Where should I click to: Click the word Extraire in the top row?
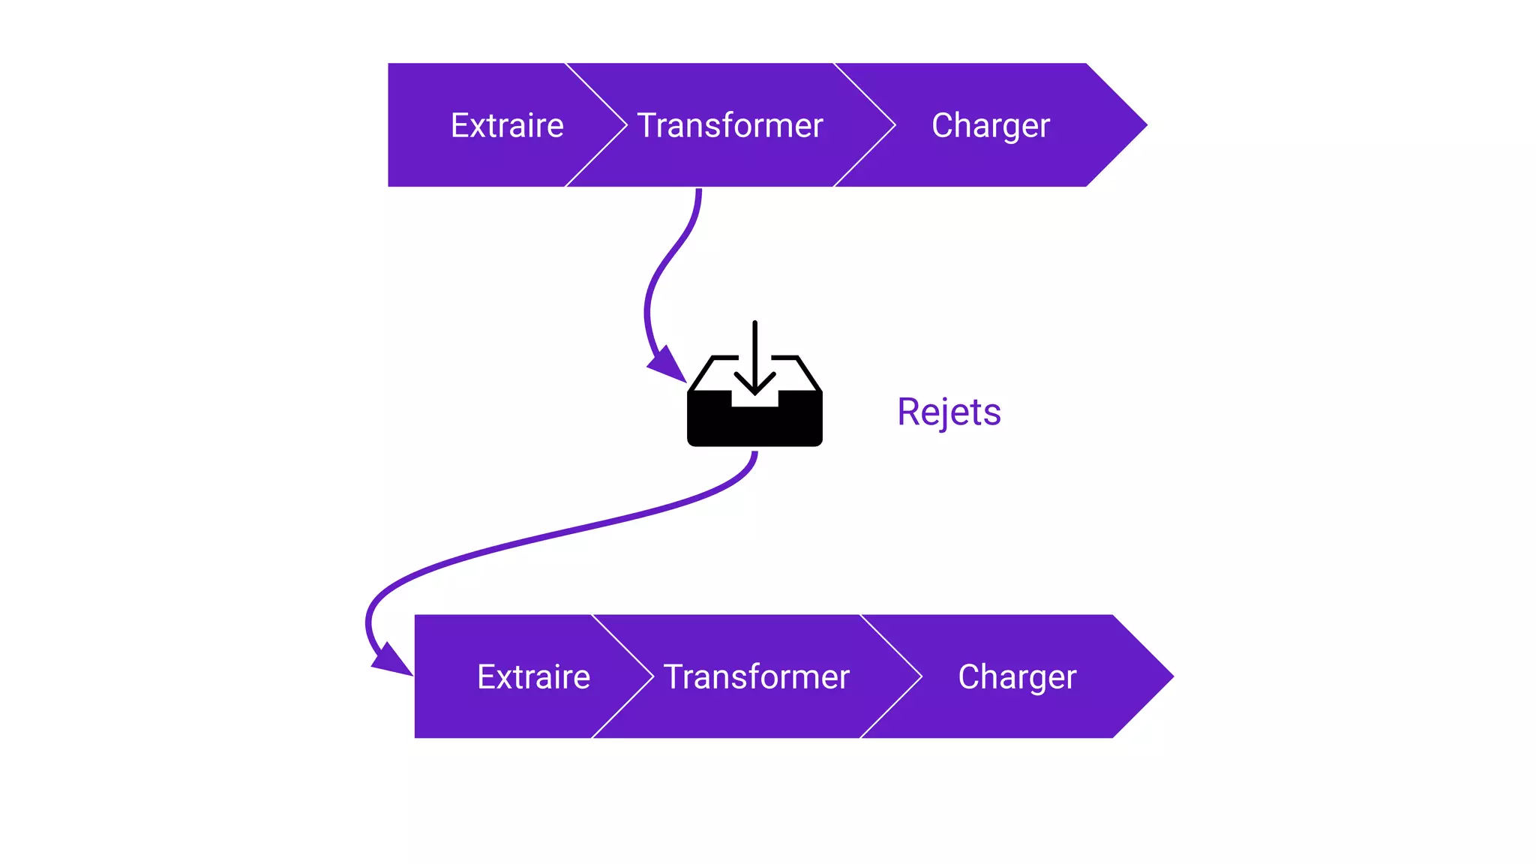[507, 125]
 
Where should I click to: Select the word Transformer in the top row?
[730, 125]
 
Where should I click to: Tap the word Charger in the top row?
[990, 125]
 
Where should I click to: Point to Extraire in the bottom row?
[533, 676]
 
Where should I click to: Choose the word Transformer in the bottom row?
[756, 676]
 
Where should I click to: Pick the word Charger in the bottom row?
[1017, 676]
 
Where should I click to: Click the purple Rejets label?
[949, 412]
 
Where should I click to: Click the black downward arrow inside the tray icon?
[754, 360]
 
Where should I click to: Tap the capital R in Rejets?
[908, 412]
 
